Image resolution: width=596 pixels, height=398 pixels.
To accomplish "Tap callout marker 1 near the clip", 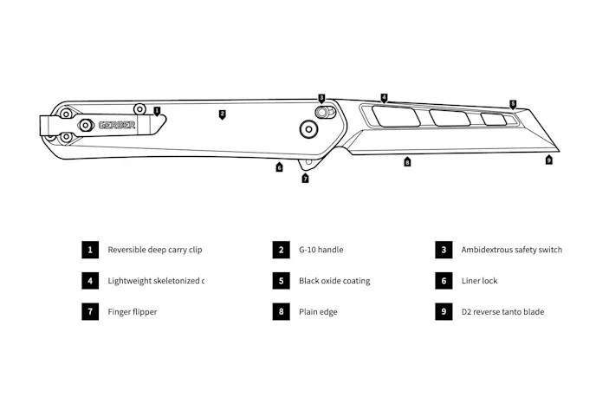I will [x=157, y=111].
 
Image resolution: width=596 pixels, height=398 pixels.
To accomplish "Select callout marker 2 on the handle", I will [x=222, y=114].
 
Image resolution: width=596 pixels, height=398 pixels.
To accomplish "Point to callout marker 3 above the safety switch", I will [x=321, y=98].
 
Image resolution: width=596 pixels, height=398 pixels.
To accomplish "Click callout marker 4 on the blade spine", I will [x=384, y=98].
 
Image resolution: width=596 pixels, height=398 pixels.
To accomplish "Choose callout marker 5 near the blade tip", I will [x=512, y=104].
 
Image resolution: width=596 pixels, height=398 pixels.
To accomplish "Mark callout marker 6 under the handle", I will [x=279, y=167].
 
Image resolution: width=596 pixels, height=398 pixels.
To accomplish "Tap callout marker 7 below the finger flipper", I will [x=305, y=179].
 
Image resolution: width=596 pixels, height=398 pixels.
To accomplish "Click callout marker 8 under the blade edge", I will [x=407, y=161].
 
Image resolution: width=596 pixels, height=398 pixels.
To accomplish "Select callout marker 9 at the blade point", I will [x=548, y=160].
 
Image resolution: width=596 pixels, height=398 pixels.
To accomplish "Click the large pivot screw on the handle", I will [x=308, y=129].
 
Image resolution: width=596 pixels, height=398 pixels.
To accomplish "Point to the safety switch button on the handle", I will [x=322, y=112].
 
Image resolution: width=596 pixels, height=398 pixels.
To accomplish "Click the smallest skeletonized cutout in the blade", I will [x=495, y=120].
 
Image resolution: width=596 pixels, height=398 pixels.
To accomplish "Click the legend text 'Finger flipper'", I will [x=133, y=312].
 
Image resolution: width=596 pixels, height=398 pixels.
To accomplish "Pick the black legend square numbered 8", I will [x=280, y=312].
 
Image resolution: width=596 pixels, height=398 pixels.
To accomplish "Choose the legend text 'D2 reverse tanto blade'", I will [x=502, y=312].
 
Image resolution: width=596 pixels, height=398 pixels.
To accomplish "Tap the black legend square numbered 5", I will [x=280, y=281].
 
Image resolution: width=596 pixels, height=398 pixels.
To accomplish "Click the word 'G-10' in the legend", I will [x=308, y=250].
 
